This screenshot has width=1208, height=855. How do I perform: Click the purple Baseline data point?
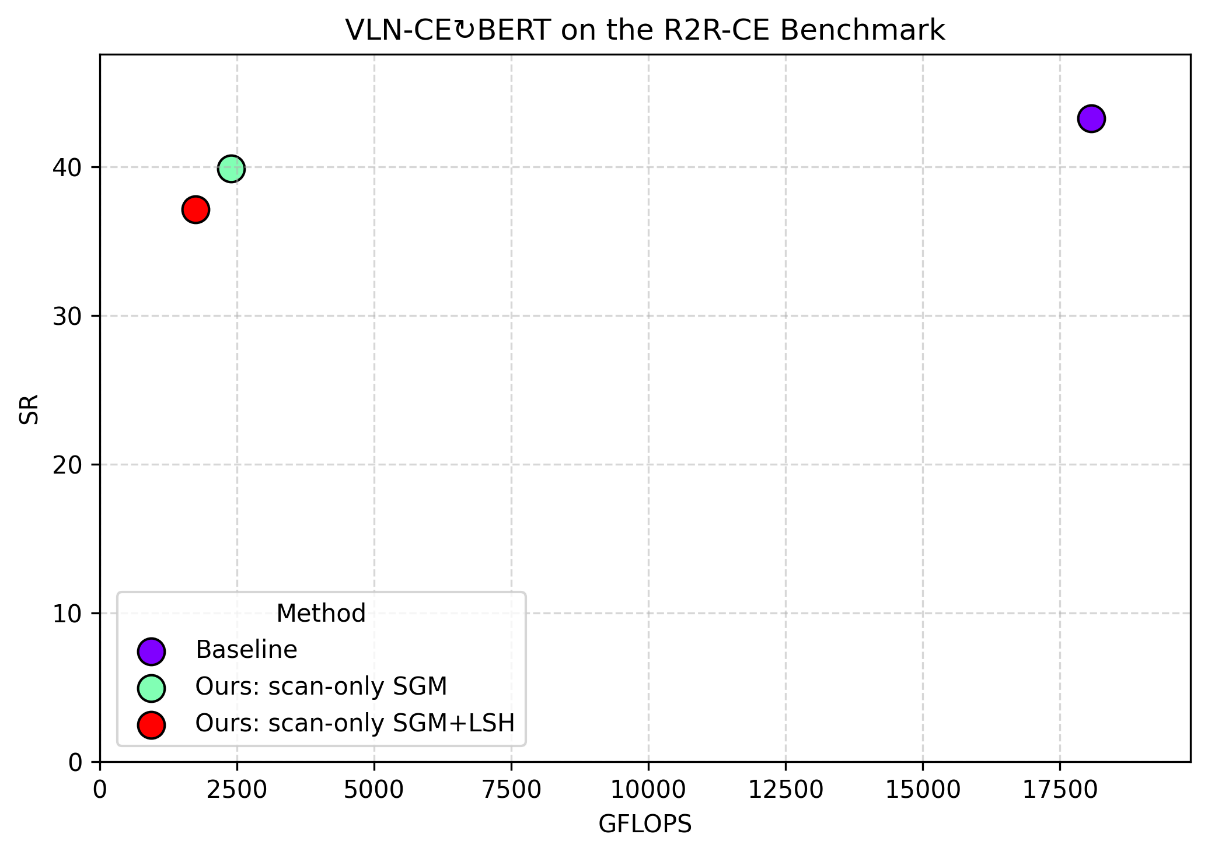(1091, 119)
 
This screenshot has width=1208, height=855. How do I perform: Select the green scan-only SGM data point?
(231, 169)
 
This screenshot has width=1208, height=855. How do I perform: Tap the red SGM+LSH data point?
(195, 209)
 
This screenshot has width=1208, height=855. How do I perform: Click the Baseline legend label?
(246, 650)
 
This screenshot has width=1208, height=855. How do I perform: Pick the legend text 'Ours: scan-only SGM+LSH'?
(355, 723)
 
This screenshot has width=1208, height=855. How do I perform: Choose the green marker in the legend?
(151, 688)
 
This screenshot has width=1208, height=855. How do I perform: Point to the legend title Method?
(321, 614)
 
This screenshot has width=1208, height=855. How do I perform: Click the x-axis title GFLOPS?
(645, 824)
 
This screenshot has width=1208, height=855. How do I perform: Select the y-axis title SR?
(29, 409)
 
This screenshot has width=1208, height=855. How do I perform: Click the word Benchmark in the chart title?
(862, 30)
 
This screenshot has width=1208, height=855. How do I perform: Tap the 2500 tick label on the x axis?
(238, 790)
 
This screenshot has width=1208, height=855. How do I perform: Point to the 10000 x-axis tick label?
(648, 790)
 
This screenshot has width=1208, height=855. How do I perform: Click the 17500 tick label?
(1060, 790)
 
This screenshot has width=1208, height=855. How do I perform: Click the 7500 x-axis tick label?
(511, 790)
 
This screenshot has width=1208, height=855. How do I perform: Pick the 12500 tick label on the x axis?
(785, 790)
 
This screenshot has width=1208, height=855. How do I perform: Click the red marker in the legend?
(151, 725)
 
